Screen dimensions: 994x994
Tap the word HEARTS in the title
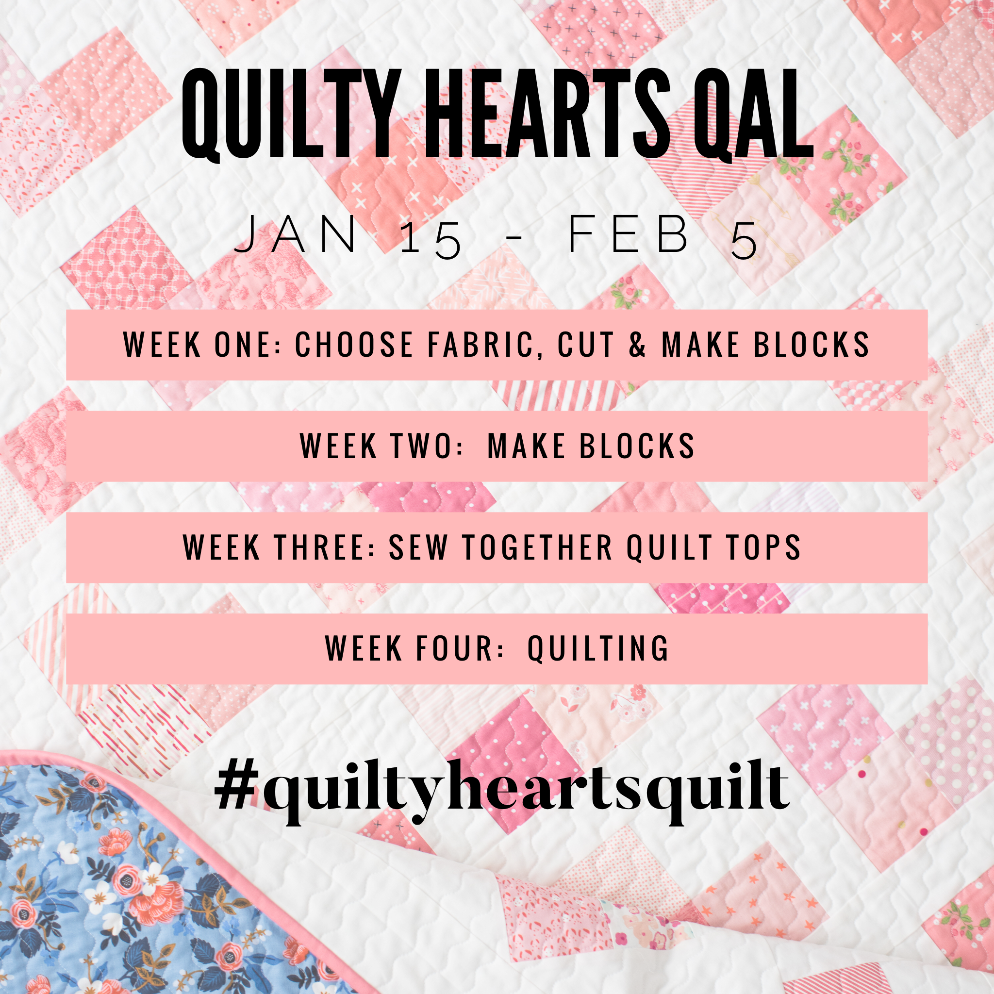click(548, 114)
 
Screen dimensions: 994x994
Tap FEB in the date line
click(629, 234)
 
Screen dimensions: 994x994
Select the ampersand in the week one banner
click(637, 344)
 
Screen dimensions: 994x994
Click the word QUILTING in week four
click(598, 649)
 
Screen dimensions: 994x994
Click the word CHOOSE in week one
click(354, 344)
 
